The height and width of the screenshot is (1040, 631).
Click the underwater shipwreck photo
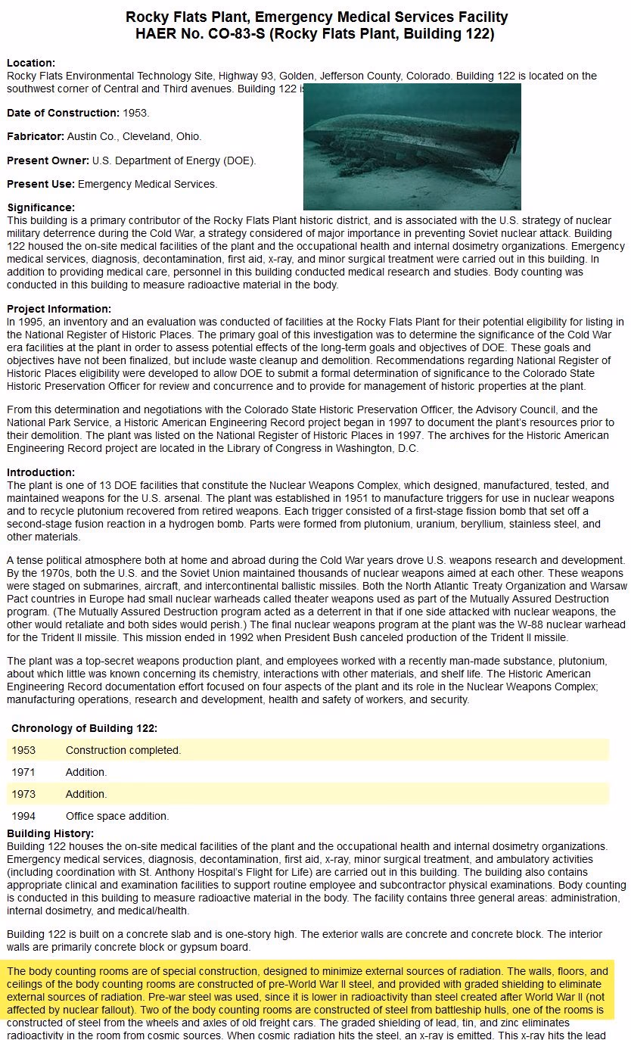click(x=412, y=146)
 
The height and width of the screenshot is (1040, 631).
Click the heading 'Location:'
click(x=31, y=64)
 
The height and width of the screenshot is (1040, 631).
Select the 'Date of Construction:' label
click(x=63, y=113)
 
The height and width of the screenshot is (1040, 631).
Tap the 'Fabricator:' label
click(x=36, y=137)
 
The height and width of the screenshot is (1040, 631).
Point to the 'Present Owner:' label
click(x=48, y=160)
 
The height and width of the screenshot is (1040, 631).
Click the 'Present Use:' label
click(x=41, y=184)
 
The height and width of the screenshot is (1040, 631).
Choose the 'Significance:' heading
click(x=41, y=207)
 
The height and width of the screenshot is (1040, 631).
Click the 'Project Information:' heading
click(x=59, y=309)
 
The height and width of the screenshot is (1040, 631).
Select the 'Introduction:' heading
click(x=41, y=472)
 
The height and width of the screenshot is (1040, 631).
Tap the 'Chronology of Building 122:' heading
click(x=84, y=728)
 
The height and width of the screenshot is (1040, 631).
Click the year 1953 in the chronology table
click(x=23, y=750)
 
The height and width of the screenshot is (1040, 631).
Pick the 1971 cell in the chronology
click(x=23, y=772)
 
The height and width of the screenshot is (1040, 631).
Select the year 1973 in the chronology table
click(x=23, y=794)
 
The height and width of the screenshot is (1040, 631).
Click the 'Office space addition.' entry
click(x=117, y=816)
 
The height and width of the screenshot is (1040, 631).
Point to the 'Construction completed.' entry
click(x=123, y=750)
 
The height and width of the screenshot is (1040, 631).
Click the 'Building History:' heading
click(x=51, y=833)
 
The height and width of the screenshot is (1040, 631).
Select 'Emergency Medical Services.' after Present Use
click(x=148, y=184)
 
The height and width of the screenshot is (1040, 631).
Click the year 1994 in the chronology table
click(x=23, y=816)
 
